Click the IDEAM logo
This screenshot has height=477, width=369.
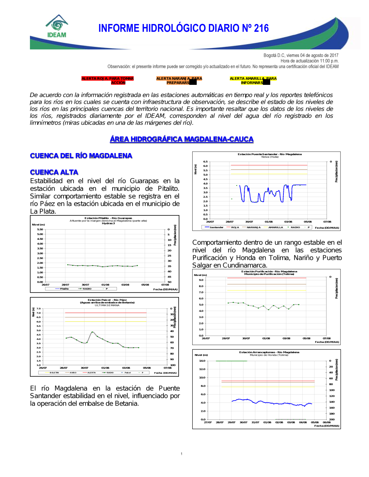tap(57, 27)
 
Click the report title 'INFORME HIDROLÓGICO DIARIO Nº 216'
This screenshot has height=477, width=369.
tap(183, 28)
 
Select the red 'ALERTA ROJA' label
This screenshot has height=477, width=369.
tap(107, 80)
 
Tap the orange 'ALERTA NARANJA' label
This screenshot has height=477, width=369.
tap(179, 80)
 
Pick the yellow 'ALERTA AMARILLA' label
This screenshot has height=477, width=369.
tap(253, 80)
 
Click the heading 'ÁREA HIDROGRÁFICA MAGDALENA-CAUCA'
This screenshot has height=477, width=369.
tap(182, 139)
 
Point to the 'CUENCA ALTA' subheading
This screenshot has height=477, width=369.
tap(54, 172)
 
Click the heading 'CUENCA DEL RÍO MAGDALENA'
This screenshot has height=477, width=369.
tap(81, 156)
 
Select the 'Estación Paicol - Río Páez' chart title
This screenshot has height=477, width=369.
tap(107, 300)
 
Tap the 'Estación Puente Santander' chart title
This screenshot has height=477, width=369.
tap(269, 154)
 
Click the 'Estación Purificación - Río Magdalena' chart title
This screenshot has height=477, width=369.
tap(269, 272)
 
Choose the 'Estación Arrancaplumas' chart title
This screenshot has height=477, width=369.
tap(269, 352)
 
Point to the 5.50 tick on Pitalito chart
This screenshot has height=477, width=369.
tap(40, 229)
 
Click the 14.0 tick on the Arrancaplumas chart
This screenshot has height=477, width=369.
tap(202, 361)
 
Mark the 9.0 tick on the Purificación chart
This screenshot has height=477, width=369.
tap(201, 280)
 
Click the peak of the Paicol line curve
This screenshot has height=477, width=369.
tap(92, 332)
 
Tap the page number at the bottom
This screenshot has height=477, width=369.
tap(182, 454)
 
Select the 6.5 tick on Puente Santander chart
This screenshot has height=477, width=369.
tap(205, 162)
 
